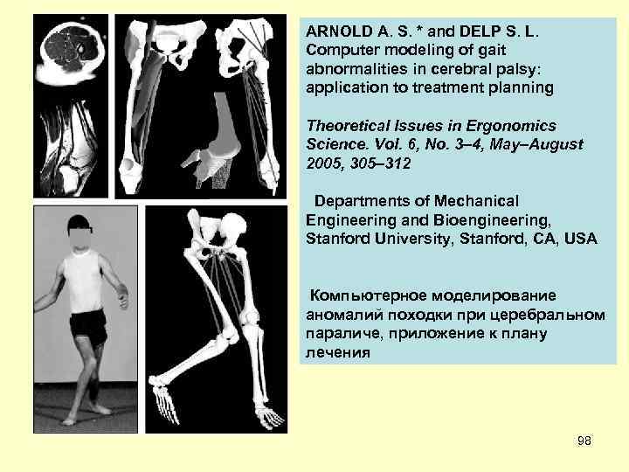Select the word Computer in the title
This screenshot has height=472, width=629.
coord(342,49)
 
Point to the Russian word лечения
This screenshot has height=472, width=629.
coord(337,354)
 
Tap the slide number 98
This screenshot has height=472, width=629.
coord(584,441)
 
